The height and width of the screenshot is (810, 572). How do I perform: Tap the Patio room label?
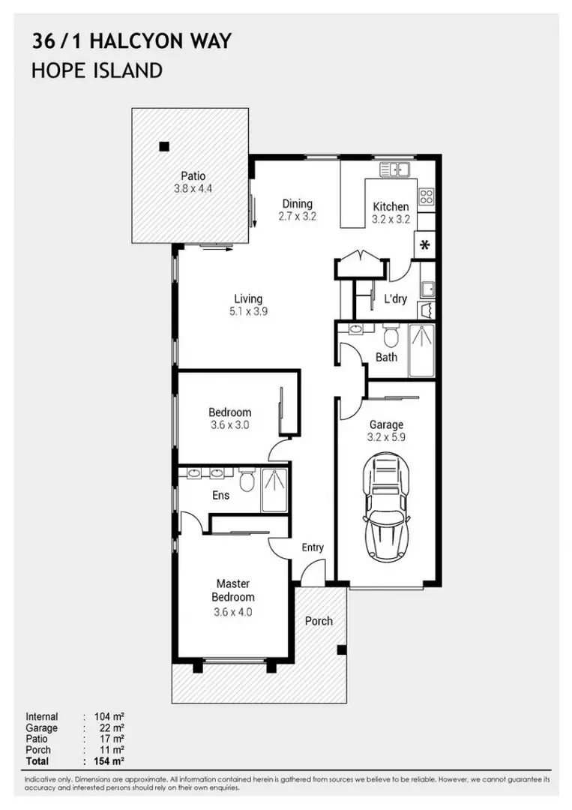click(193, 176)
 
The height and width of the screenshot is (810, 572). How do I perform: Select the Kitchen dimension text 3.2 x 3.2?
click(391, 220)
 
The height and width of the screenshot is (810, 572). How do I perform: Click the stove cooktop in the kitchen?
click(426, 197)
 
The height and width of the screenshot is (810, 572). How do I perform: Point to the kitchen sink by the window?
click(394, 169)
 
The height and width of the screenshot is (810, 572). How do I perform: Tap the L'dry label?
click(395, 299)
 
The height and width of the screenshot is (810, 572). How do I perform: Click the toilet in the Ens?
click(247, 478)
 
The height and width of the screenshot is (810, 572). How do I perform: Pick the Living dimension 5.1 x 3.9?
click(247, 312)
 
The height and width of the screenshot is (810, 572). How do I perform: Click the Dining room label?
click(297, 203)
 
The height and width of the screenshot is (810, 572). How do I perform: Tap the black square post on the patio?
click(163, 146)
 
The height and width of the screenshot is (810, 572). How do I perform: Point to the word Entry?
click(313, 547)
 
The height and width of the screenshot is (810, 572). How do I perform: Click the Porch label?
click(319, 620)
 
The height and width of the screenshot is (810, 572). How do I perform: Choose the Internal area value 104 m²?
click(109, 717)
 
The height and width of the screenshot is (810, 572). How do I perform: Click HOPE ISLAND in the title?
click(97, 71)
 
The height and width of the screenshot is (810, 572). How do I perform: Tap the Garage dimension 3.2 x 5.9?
click(386, 437)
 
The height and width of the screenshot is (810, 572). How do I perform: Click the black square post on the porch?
click(341, 649)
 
